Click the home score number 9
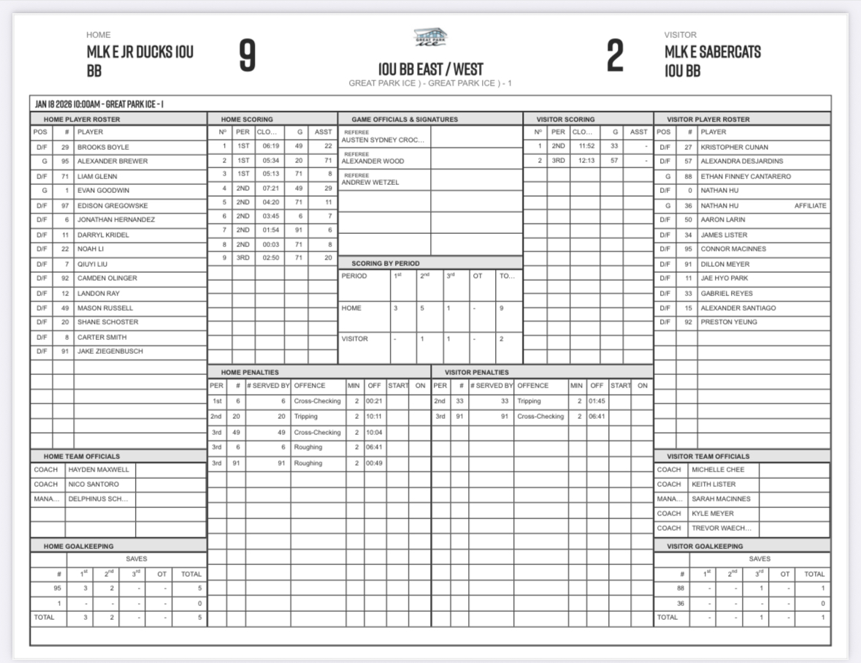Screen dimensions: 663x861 (248, 56)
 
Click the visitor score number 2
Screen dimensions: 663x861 (615, 56)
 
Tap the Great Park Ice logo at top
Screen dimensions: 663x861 (431, 37)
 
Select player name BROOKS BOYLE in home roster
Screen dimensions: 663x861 (103, 147)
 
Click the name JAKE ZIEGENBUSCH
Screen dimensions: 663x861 (110, 351)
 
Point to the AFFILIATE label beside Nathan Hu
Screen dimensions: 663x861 (811, 205)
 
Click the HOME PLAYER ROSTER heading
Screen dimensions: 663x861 (82, 119)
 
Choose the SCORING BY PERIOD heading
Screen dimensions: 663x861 (386, 262)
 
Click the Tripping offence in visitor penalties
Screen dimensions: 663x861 (529, 401)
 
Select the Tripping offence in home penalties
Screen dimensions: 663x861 (307, 415)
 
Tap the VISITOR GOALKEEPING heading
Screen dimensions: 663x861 (705, 545)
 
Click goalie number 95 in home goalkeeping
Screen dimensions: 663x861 (58, 588)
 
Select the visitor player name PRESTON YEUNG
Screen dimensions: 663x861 (729, 322)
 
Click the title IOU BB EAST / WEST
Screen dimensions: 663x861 (431, 69)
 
